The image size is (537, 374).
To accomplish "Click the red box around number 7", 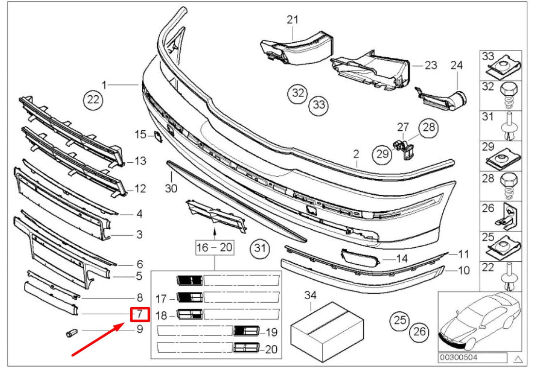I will click(140, 314).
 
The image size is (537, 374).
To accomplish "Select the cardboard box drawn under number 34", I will click(327, 328).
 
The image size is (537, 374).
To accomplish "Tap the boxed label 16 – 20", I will click(214, 248).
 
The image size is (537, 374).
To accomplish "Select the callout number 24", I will click(457, 65).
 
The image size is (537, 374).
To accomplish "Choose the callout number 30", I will click(171, 187).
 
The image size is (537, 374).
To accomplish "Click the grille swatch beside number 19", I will click(244, 331).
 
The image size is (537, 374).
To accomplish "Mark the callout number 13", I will click(140, 161).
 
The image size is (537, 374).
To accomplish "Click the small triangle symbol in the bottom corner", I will click(518, 359).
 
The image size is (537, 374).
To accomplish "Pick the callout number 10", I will click(464, 270).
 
